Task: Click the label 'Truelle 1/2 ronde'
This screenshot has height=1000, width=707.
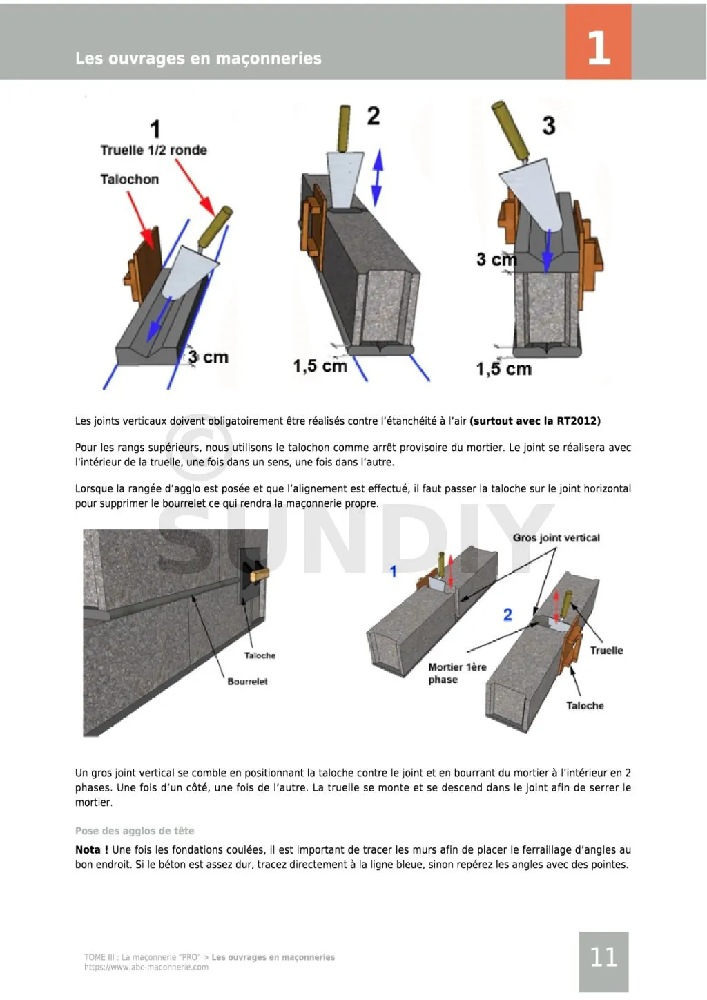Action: (153, 151)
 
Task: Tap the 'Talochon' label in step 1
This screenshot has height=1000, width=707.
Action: (129, 180)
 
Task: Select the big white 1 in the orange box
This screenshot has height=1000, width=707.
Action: (598, 48)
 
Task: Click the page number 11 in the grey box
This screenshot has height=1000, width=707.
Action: (603, 957)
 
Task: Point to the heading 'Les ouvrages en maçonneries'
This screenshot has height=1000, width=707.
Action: (198, 59)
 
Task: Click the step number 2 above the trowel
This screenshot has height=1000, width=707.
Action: (373, 116)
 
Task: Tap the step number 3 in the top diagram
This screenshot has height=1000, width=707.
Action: (548, 126)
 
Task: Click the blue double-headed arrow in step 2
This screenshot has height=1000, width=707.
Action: (376, 178)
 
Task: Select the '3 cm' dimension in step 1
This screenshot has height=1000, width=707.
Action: (209, 358)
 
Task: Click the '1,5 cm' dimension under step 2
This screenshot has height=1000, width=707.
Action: (320, 366)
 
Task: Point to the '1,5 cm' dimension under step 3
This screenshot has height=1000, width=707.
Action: (504, 369)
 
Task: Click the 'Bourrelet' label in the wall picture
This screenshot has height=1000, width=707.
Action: (247, 682)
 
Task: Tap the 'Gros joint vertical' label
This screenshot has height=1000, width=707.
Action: (556, 538)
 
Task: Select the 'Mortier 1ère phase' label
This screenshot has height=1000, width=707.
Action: (456, 673)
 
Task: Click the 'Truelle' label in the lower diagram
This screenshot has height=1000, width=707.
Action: (606, 651)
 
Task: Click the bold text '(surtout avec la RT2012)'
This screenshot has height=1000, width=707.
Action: (535, 421)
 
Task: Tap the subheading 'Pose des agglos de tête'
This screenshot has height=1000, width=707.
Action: (135, 831)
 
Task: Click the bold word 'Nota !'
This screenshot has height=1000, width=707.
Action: (91, 849)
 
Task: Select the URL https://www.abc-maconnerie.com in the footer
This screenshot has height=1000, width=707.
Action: (146, 968)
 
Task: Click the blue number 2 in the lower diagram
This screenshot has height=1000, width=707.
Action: (508, 615)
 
